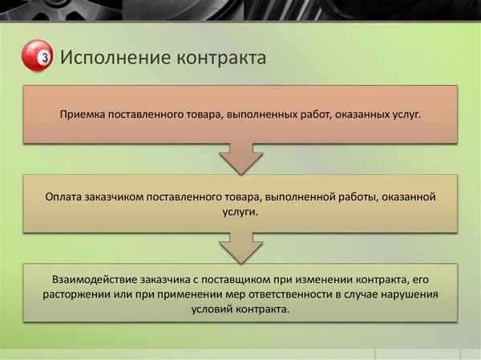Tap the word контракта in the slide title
tap(217, 59)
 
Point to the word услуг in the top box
tap(405, 115)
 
